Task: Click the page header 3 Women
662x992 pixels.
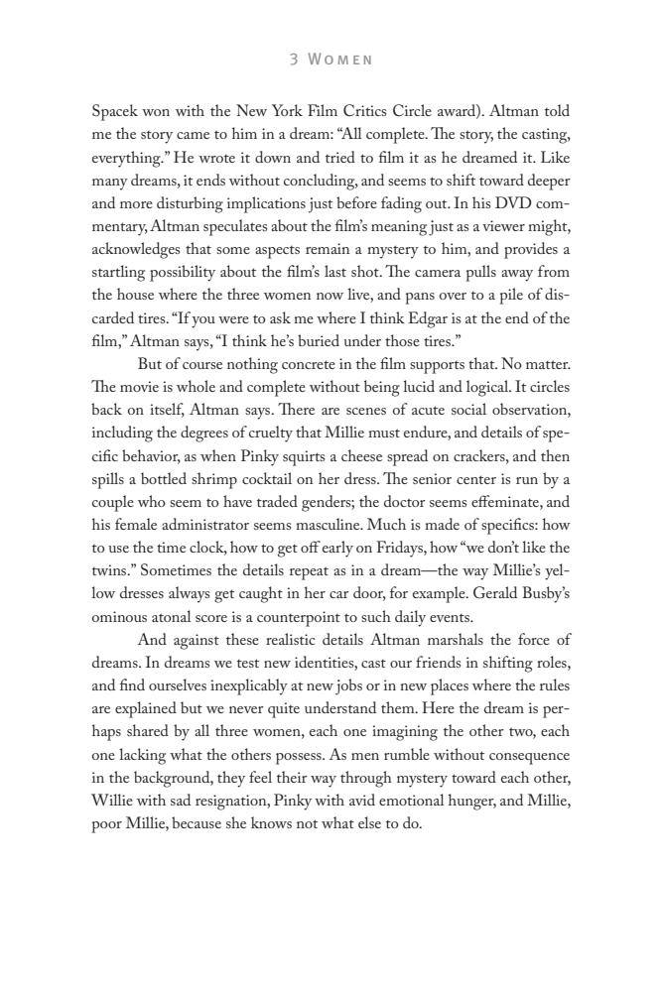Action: pyautogui.click(x=331, y=60)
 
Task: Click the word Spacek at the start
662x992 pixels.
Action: pyautogui.click(x=115, y=111)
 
